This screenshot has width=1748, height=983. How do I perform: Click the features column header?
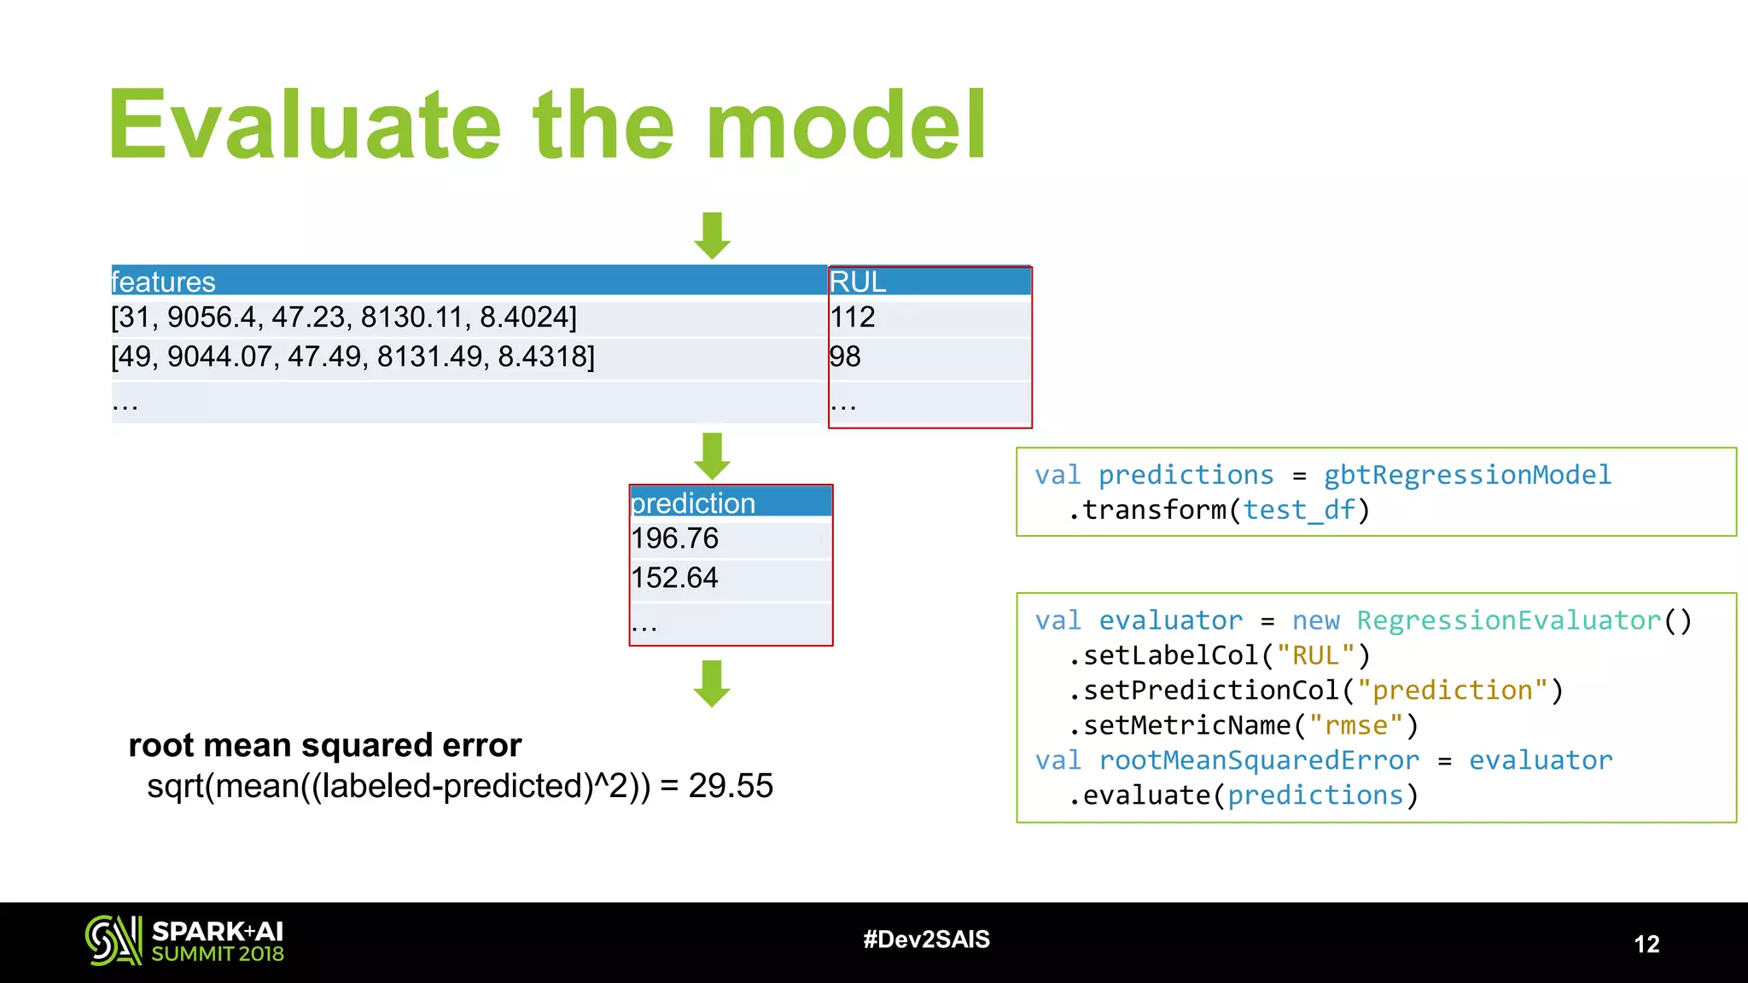[164, 282]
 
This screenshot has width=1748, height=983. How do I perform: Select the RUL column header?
[858, 282]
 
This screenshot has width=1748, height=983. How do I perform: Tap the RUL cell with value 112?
[853, 317]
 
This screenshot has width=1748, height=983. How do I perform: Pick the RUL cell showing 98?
[845, 357]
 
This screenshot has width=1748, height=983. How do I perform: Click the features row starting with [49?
[353, 357]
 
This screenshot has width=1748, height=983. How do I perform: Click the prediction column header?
[693, 503]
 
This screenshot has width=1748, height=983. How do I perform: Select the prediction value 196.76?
[675, 538]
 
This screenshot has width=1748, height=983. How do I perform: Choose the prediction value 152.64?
[675, 578]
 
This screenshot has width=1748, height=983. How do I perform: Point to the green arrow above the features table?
[712, 236]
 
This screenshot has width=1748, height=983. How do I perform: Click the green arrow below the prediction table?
[712, 683]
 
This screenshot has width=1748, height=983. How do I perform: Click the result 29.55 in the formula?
[731, 786]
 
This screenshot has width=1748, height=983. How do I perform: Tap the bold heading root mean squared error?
[324, 745]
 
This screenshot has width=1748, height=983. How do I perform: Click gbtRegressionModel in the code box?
[1467, 474]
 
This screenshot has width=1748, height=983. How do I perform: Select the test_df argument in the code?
[1298, 510]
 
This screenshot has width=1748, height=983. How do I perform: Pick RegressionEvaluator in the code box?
[1509, 620]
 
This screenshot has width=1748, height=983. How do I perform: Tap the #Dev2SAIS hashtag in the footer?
[926, 939]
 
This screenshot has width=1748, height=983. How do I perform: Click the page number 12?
[1646, 944]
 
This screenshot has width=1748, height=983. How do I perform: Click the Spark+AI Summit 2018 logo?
[184, 941]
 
